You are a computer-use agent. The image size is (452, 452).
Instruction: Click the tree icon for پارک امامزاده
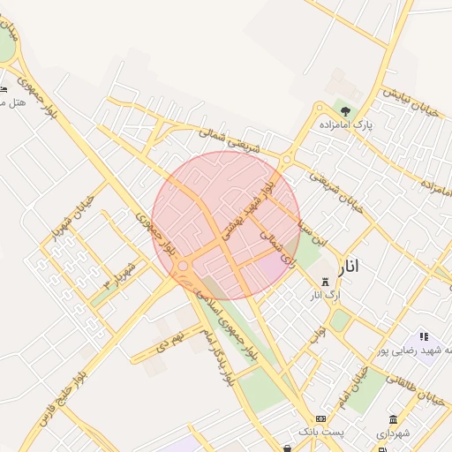tap(344, 112)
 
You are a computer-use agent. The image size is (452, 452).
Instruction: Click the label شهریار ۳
tap(119, 275)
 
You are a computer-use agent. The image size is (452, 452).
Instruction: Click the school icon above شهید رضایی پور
tap(424, 336)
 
